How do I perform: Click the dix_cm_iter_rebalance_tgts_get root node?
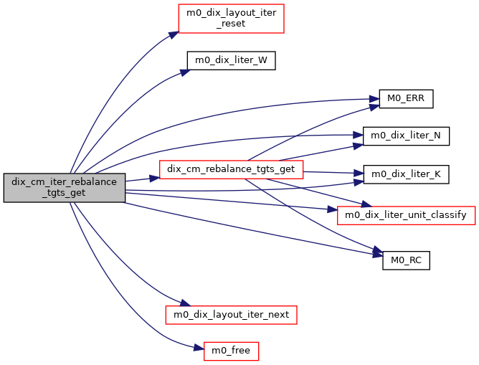pyautogui.click(x=65, y=188)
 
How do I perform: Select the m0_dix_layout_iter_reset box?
pyautogui.click(x=232, y=18)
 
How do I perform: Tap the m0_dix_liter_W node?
pyautogui.click(x=231, y=60)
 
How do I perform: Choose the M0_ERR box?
pyautogui.click(x=406, y=99)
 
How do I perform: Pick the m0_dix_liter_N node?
pyautogui.click(x=405, y=135)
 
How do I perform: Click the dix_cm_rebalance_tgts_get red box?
pyautogui.click(x=231, y=170)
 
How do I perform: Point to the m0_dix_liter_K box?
pyautogui.click(x=405, y=174)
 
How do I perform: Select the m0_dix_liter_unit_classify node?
pyautogui.click(x=406, y=214)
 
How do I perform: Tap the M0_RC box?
pyautogui.click(x=406, y=260)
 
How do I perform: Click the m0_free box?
pyautogui.click(x=231, y=351)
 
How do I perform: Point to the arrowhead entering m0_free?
pyautogui.click(x=199, y=349)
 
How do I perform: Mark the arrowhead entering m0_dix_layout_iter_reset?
pyautogui.click(x=174, y=33)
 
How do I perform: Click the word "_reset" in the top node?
pyautogui.click(x=232, y=23)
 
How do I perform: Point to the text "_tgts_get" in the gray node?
pyautogui.click(x=65, y=194)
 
